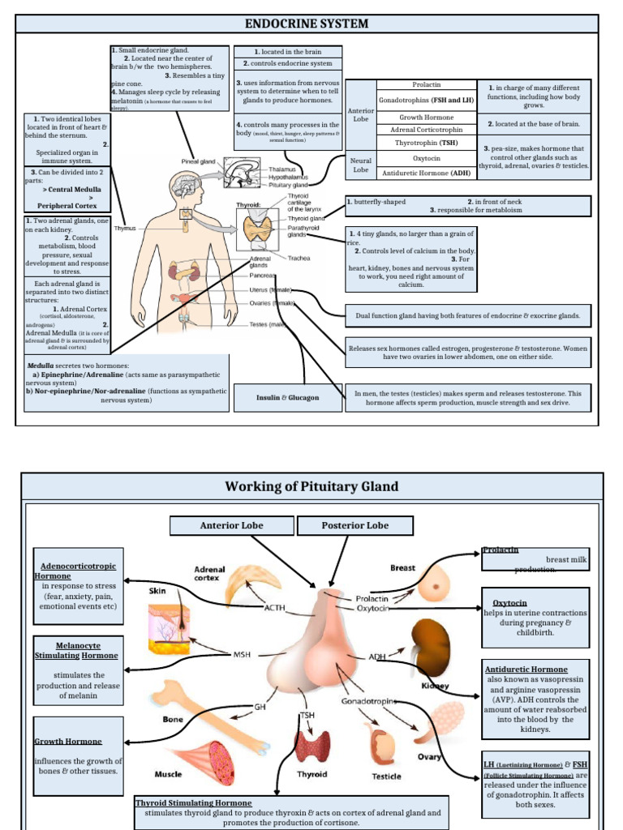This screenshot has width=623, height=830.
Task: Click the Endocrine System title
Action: (x=307, y=24)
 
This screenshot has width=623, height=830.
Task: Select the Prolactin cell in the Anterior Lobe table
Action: (x=427, y=84)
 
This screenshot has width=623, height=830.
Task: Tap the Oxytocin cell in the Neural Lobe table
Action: (x=427, y=159)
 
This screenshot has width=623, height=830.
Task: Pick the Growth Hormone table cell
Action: (x=427, y=117)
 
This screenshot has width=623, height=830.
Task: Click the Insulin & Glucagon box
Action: (x=288, y=397)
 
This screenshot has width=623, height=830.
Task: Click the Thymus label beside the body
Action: (x=124, y=228)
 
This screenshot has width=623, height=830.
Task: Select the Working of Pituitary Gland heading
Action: (x=311, y=486)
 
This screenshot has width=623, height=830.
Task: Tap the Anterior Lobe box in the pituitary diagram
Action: (x=231, y=525)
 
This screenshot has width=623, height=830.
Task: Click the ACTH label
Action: (x=274, y=606)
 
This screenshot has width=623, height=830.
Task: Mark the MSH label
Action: (x=243, y=654)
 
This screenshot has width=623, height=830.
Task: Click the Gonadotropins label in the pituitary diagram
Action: (x=368, y=700)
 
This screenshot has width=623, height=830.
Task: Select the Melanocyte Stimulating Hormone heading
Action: (x=78, y=650)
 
